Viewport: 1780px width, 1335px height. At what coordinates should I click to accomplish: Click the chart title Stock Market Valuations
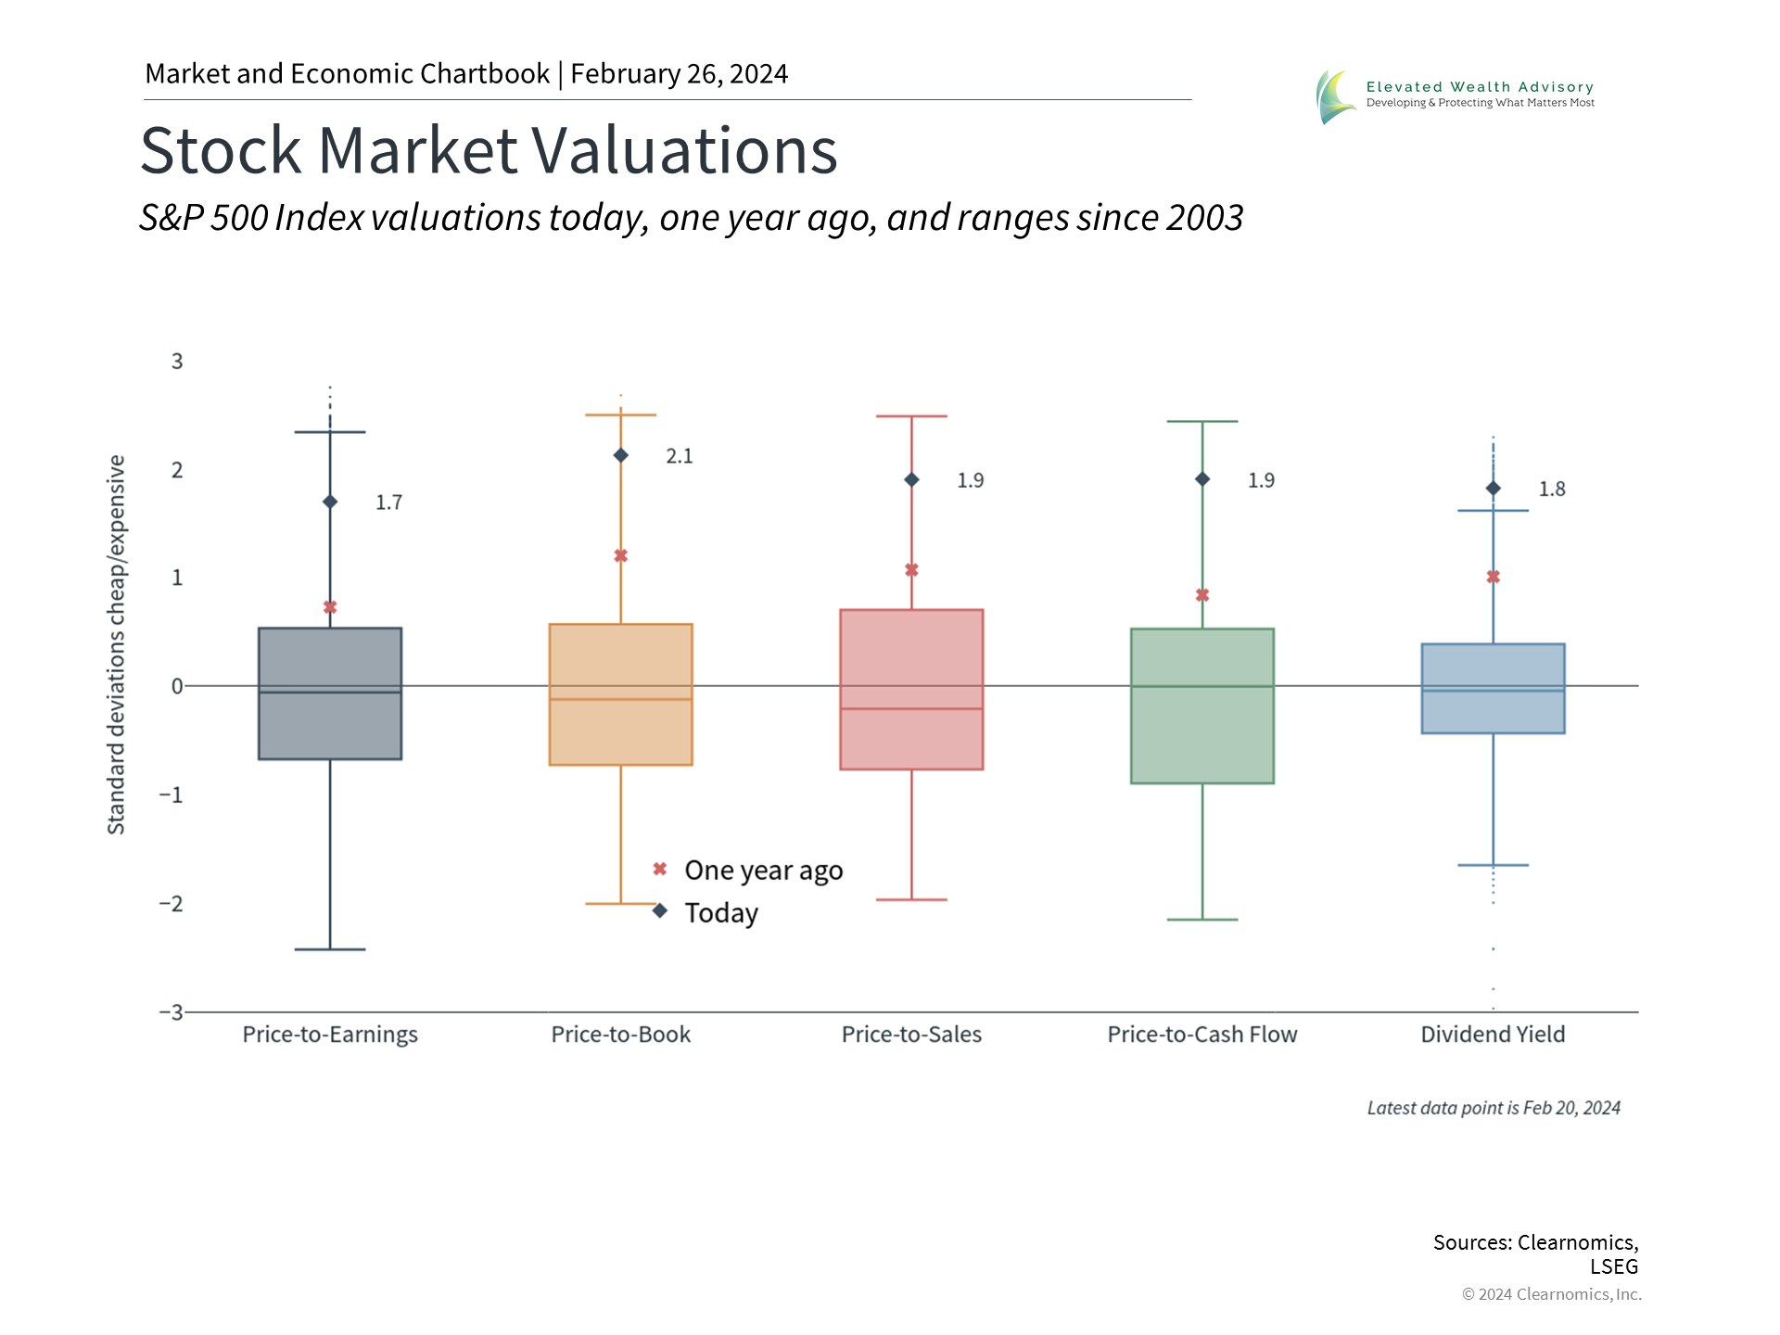tap(489, 150)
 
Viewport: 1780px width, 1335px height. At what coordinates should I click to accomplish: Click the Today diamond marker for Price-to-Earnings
tap(330, 502)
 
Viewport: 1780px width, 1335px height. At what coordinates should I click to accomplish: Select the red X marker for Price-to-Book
tap(621, 556)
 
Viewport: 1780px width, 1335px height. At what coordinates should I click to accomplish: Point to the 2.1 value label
tap(680, 456)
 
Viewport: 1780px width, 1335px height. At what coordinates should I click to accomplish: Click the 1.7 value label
tap(388, 502)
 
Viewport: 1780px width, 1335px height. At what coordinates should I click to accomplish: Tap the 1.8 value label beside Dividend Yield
tap(1552, 489)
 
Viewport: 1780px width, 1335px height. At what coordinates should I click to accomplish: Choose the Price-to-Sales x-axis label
tap(911, 1035)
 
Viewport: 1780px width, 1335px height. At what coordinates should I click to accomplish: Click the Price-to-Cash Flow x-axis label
tap(1202, 1035)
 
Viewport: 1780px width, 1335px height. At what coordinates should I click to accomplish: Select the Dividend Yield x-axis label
tap(1493, 1035)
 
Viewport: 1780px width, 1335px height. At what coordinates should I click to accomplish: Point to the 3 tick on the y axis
tap(177, 362)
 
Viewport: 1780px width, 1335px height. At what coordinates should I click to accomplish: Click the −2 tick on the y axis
tap(172, 904)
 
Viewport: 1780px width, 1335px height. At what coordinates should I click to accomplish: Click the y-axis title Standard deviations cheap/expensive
tap(116, 644)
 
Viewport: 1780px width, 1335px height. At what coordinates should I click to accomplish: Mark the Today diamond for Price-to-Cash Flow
tap(1202, 479)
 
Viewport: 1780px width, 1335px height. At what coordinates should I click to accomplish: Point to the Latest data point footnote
tap(1494, 1108)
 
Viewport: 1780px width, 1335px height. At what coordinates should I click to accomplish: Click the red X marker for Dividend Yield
tap(1493, 577)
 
